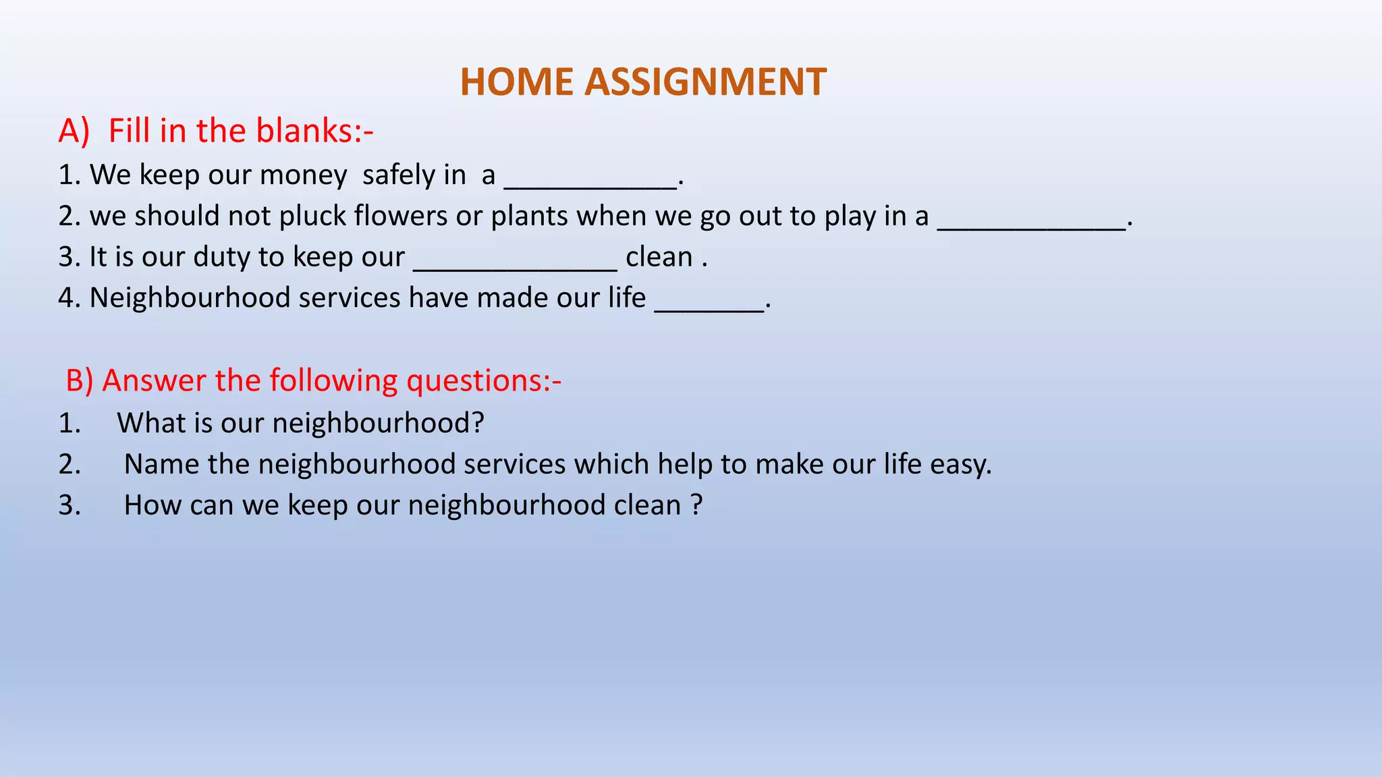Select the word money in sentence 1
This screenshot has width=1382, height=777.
[x=303, y=175]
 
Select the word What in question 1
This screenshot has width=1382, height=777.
[x=150, y=424]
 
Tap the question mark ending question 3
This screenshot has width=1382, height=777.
[x=697, y=505]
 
